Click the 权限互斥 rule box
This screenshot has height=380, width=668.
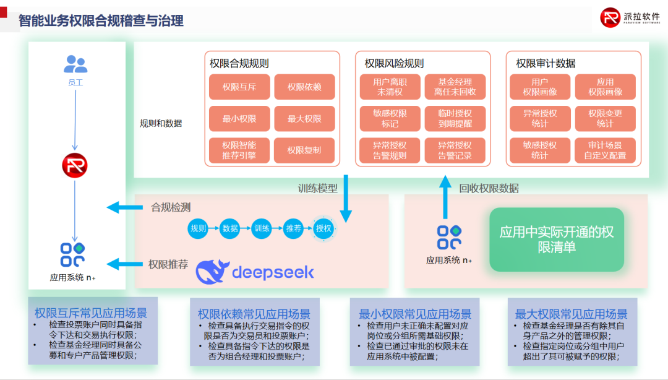pos(239,87)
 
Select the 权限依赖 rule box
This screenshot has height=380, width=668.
pos(304,87)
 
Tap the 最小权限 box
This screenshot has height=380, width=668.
pos(239,119)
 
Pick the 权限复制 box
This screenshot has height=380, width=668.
pos(304,150)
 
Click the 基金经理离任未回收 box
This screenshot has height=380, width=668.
pos(455,87)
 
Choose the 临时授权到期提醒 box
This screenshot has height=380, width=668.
pos(455,119)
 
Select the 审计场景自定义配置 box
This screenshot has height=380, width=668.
pos(605,150)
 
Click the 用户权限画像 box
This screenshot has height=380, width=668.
pos(539,87)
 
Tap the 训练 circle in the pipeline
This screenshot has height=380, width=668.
pos(262,228)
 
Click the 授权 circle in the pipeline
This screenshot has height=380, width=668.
pos(323,228)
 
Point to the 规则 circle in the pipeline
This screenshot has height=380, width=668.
pos(198,228)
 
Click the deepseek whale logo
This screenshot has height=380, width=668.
pos(212,272)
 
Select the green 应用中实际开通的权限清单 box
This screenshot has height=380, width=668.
pos(557,240)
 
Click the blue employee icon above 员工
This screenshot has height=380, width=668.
pos(75,64)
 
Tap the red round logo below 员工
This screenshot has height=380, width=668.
pos(75,165)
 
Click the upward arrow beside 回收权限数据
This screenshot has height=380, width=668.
pos(445,196)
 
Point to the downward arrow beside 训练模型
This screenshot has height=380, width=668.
pos(346,198)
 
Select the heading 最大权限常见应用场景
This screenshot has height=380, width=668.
pos(571,314)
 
